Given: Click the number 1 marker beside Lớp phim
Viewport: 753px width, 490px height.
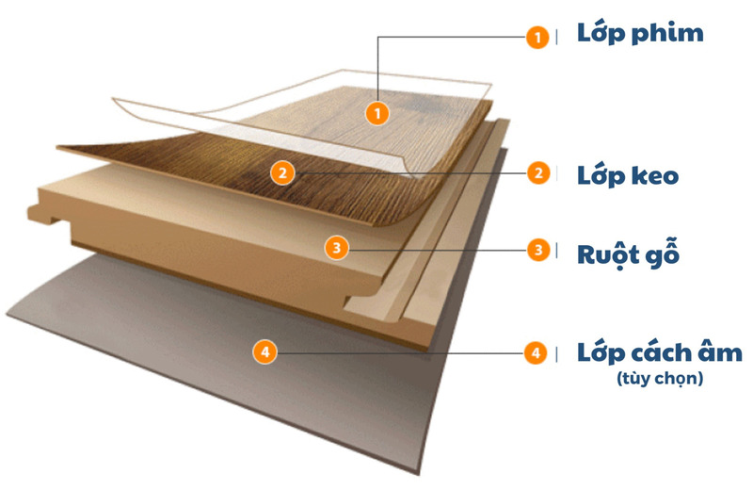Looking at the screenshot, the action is click(x=537, y=37).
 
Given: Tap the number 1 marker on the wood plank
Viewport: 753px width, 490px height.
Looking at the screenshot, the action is click(x=377, y=113).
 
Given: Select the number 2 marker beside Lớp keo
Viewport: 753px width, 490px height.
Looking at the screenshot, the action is click(x=538, y=172).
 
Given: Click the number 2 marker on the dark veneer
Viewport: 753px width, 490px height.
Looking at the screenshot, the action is click(x=282, y=172).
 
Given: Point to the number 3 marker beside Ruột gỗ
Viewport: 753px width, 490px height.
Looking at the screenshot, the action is click(x=538, y=250).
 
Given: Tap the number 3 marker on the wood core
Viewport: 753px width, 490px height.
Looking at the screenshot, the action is click(x=336, y=248).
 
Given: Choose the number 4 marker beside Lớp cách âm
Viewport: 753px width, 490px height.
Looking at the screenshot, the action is click(x=536, y=353).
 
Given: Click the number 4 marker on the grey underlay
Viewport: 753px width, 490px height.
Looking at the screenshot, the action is click(x=265, y=352).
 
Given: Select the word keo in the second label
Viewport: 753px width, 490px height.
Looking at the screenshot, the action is click(x=654, y=175).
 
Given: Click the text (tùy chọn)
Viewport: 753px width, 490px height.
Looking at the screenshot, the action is click(x=660, y=379).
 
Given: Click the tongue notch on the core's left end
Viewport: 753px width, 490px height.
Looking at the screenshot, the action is click(x=45, y=214).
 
